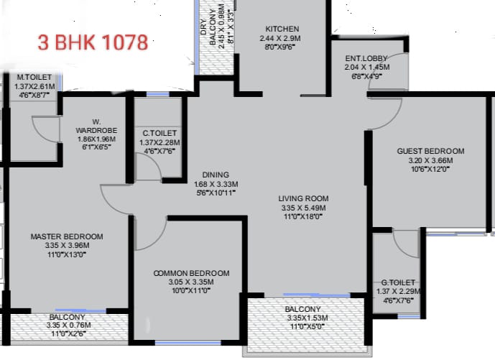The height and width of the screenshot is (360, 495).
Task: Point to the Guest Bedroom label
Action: [x=430, y=151]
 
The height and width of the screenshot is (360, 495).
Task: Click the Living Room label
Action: [x=304, y=198]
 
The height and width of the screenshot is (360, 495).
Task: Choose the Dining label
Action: [x=215, y=175]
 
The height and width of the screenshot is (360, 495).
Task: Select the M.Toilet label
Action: [x=34, y=78]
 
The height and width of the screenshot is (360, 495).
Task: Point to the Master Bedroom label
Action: [x=66, y=236]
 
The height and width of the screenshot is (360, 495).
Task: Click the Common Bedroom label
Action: [x=192, y=273]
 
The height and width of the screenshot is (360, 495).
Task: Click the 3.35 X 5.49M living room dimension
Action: [x=304, y=209]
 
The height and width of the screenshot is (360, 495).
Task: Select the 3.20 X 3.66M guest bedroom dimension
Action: [x=430, y=161]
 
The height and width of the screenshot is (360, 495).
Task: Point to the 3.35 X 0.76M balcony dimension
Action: [x=67, y=326]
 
